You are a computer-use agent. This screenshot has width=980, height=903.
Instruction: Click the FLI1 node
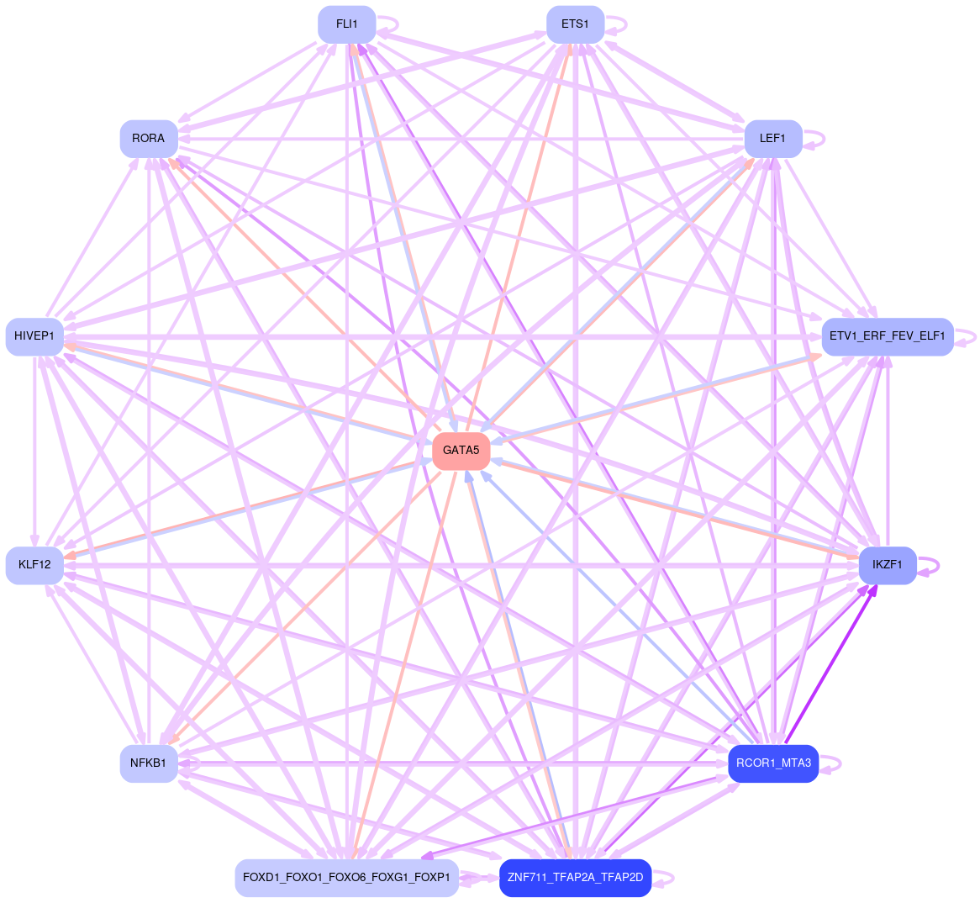click(346, 24)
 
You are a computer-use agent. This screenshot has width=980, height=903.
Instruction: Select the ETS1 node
click(575, 24)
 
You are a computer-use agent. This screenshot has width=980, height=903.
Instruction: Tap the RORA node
click(149, 139)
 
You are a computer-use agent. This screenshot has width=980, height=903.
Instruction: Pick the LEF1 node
click(772, 139)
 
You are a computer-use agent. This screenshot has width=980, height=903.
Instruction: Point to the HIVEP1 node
click(34, 337)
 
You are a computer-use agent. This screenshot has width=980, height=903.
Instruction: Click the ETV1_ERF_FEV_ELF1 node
click(887, 337)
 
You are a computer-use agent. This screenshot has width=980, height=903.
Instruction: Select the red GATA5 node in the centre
click(461, 451)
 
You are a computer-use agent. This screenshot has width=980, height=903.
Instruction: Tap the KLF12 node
click(34, 565)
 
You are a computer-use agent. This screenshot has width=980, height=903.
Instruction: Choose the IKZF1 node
click(887, 565)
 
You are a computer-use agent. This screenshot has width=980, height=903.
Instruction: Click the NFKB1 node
click(149, 763)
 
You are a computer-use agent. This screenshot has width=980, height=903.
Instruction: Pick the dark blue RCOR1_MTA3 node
click(772, 763)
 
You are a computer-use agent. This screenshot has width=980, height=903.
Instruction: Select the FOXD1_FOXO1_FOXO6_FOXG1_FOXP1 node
click(346, 878)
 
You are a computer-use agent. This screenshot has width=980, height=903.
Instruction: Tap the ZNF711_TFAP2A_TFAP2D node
click(575, 878)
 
